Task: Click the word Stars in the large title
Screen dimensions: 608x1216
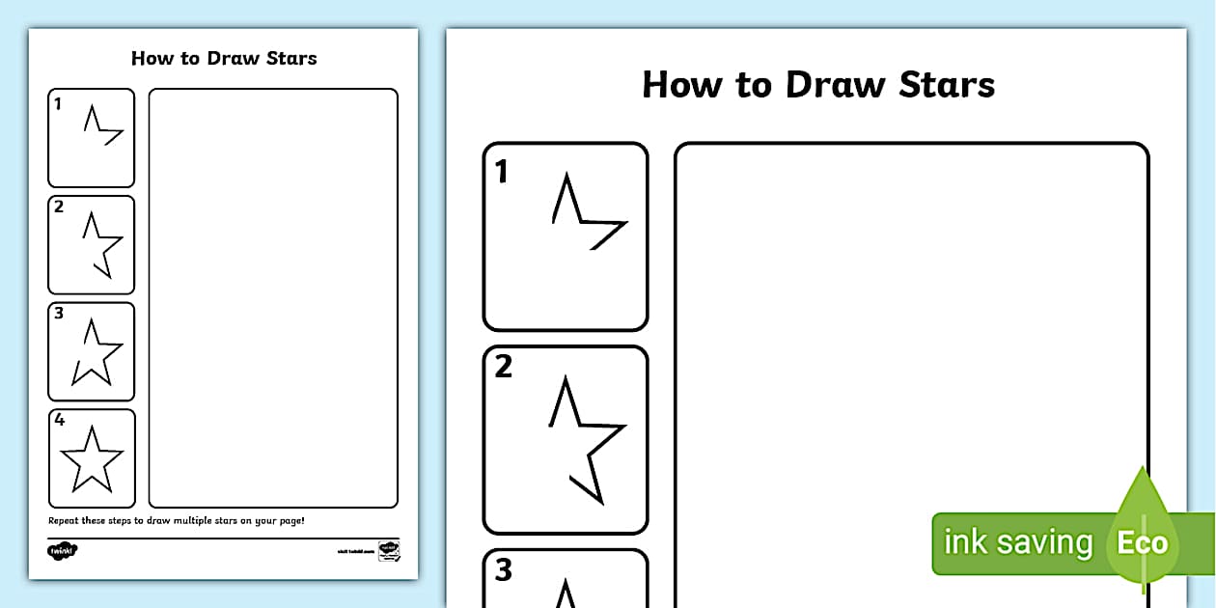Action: point(946,85)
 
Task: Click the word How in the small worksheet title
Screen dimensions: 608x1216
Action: point(151,58)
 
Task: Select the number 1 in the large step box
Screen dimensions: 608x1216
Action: point(502,172)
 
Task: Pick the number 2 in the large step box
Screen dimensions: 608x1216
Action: point(503,368)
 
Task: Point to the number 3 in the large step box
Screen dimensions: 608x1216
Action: point(503,570)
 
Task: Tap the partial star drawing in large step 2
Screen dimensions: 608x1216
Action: point(587,439)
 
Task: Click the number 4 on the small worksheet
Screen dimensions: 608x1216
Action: point(59,420)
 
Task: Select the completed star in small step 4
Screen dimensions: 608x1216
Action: point(92,459)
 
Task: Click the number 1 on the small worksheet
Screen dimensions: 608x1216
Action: point(58,103)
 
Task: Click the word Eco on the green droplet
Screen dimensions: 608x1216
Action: point(1143,542)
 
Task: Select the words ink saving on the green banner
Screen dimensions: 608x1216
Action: point(1017,542)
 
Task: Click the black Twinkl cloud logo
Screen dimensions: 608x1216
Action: point(62,551)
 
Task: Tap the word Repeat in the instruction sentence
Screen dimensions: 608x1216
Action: point(62,521)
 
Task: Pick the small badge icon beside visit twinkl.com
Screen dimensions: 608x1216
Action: point(389,551)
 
